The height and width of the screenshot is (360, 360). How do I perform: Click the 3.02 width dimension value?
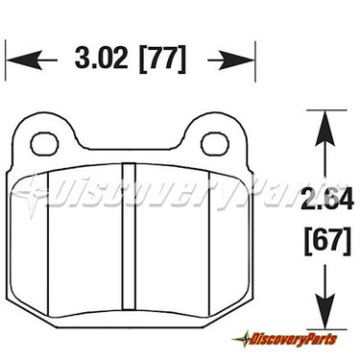(x=102, y=58)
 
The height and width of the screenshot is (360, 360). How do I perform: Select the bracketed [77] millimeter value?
(x=162, y=59)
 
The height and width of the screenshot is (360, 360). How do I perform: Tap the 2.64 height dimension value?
(x=327, y=199)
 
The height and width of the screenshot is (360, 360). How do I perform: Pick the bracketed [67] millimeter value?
(x=327, y=241)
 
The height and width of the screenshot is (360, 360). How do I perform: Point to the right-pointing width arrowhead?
(x=236, y=60)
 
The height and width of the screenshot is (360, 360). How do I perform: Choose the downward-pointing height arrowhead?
(x=325, y=311)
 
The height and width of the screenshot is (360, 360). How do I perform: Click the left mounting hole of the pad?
(x=44, y=145)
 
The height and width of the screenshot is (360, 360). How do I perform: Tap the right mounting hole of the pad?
(x=214, y=144)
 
